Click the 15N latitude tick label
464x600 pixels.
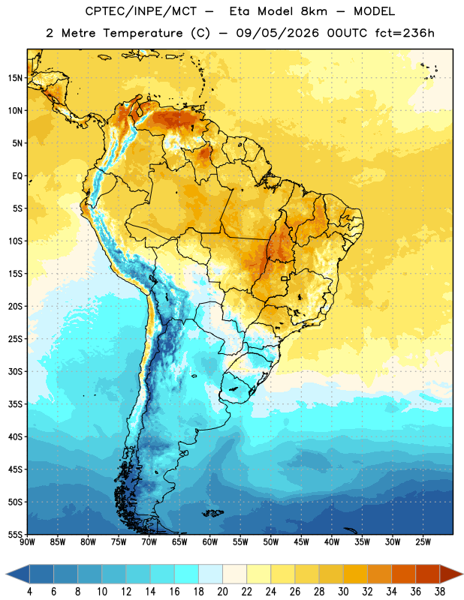pyautogui.click(x=15, y=78)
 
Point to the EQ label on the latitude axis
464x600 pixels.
pyautogui.click(x=17, y=176)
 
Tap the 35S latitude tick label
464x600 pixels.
pyautogui.click(x=15, y=404)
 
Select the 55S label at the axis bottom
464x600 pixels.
pyautogui.click(x=15, y=534)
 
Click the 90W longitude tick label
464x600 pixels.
pyautogui.click(x=27, y=542)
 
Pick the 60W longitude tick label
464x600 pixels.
pyautogui.click(x=210, y=542)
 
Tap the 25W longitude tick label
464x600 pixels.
pyautogui.click(x=423, y=542)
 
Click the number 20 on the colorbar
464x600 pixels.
pyautogui.click(x=222, y=592)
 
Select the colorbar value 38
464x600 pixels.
pyautogui.click(x=440, y=592)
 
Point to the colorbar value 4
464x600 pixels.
pyautogui.click(x=29, y=592)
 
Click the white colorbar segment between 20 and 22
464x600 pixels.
pyautogui.click(x=234, y=574)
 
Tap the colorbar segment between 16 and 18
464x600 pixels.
pyautogui.click(x=186, y=574)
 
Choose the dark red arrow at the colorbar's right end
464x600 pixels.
pyautogui.click(x=450, y=574)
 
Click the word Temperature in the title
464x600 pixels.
pyautogui.click(x=143, y=33)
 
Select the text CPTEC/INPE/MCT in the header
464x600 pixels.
pyautogui.click(x=140, y=11)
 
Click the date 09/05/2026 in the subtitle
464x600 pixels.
pyautogui.click(x=277, y=33)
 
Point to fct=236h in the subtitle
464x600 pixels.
pyautogui.click(x=405, y=33)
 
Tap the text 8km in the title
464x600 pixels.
pyautogui.click(x=314, y=11)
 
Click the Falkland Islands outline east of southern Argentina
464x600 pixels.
pyautogui.click(x=213, y=513)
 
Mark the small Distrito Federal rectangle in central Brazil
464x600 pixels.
pyautogui.click(x=285, y=278)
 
